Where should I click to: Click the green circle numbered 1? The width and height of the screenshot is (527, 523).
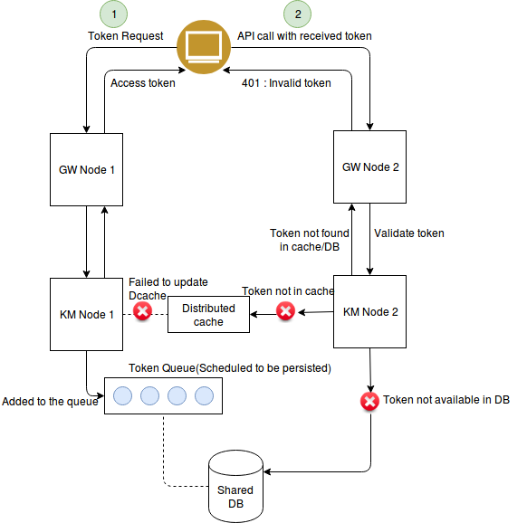pyautogui.click(x=113, y=14)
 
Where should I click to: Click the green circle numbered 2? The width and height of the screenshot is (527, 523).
pyautogui.click(x=296, y=14)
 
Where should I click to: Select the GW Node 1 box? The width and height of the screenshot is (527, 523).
pyautogui.click(x=87, y=169)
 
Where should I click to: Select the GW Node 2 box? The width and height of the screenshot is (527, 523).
pyautogui.click(x=369, y=166)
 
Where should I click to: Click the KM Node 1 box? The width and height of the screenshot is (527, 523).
pyautogui.click(x=87, y=314)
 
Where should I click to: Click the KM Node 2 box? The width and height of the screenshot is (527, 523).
pyautogui.click(x=369, y=312)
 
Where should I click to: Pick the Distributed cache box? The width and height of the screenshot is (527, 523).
pyautogui.click(x=209, y=315)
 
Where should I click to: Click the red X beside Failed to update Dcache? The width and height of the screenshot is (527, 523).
pyautogui.click(x=142, y=312)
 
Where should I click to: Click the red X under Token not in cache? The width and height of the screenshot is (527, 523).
pyautogui.click(x=285, y=312)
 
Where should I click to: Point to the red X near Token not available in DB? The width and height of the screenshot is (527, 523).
pyautogui.click(x=369, y=400)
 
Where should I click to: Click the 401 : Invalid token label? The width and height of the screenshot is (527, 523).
pyautogui.click(x=286, y=83)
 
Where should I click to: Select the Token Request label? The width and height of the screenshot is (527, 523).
pyautogui.click(x=126, y=36)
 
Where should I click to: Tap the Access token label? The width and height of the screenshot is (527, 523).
pyautogui.click(x=143, y=83)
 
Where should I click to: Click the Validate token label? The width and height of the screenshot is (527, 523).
pyautogui.click(x=409, y=233)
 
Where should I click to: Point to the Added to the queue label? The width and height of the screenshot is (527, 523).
pyautogui.click(x=50, y=401)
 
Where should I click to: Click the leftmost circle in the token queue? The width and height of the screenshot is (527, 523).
pyautogui.click(x=123, y=395)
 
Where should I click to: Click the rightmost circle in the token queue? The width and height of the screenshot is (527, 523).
pyautogui.click(x=204, y=395)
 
